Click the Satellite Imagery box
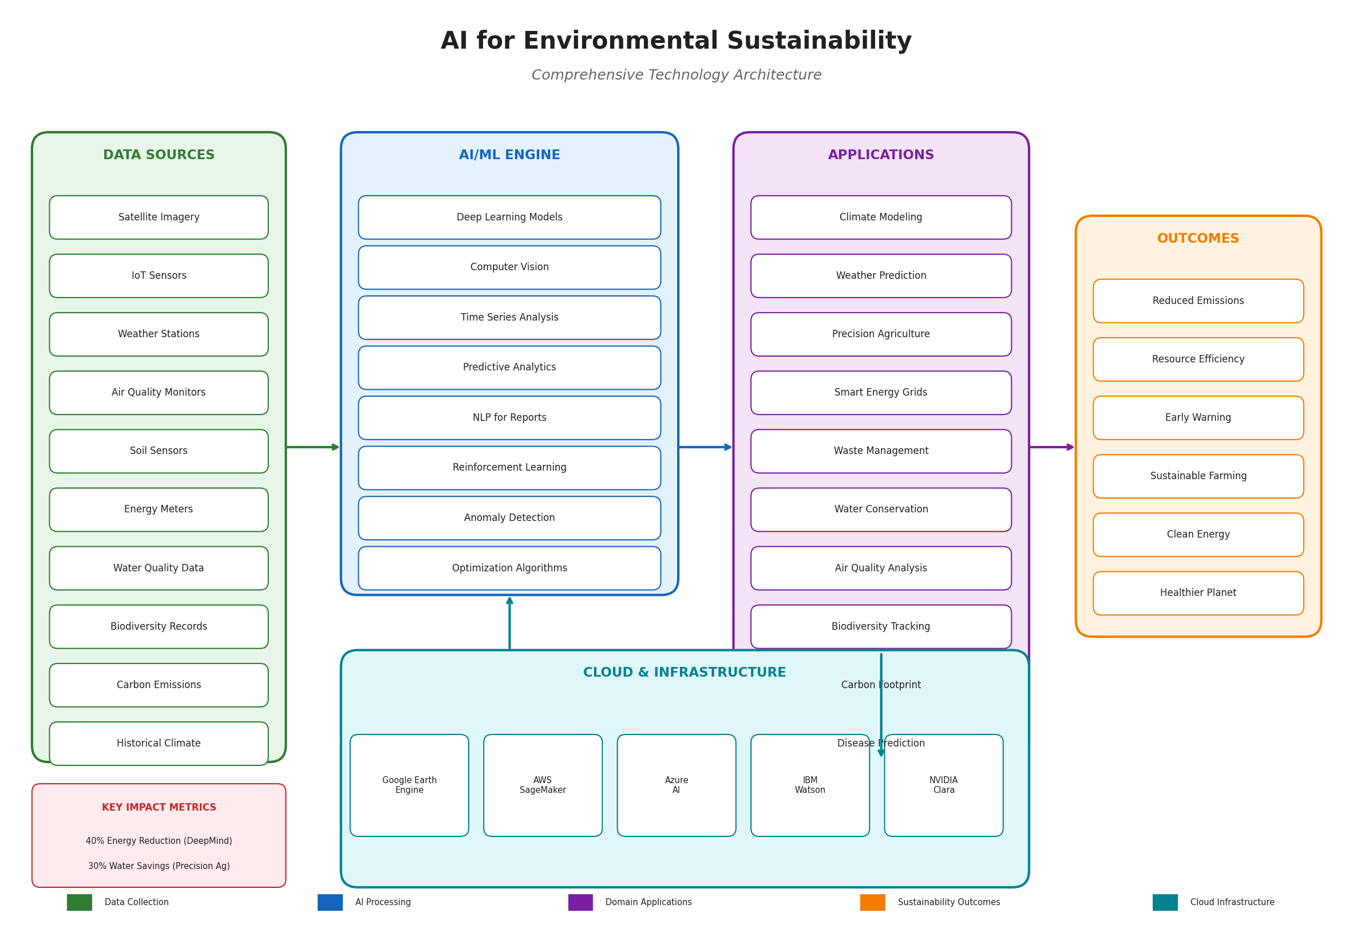[159, 217]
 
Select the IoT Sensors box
[159, 275]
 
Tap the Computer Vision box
[509, 267]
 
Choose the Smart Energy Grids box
[880, 392]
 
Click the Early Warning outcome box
[1198, 417]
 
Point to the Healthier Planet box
[1198, 593]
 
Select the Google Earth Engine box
[409, 785]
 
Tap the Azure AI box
[676, 785]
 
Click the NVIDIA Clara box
[943, 785]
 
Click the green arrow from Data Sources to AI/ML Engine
[312, 447]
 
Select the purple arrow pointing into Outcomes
[1051, 447]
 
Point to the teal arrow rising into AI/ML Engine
[509, 623]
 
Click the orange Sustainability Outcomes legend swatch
[872, 902]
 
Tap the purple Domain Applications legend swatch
[580, 902]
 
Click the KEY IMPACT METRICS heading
[159, 808]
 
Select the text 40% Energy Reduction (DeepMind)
[159, 841]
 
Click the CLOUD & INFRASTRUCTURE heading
[684, 673]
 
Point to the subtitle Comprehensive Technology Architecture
[676, 75]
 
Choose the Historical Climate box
[159, 743]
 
